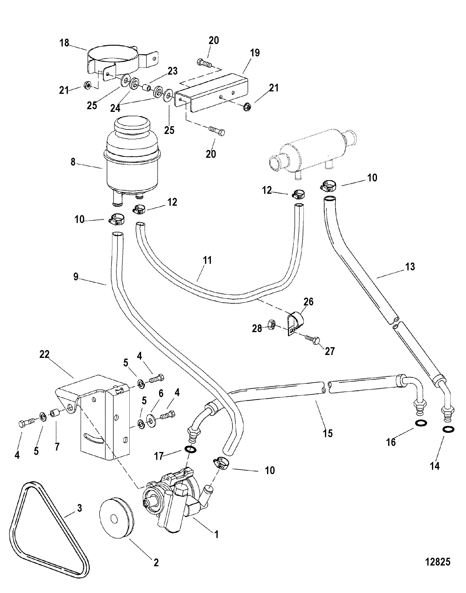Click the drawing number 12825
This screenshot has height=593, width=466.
click(438, 562)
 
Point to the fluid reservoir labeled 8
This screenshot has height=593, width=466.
click(131, 166)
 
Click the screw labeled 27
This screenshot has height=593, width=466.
click(312, 339)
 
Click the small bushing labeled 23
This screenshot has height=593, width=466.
click(148, 88)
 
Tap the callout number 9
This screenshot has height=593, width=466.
click(76, 277)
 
